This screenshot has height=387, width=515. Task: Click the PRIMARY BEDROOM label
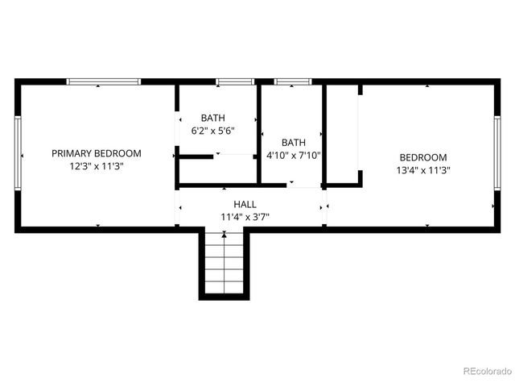tap(97, 153)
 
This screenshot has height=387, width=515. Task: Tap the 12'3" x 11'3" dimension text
tap(97, 167)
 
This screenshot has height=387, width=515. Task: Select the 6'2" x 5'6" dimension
tap(213, 130)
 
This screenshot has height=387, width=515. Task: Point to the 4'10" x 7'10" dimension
tap(293, 156)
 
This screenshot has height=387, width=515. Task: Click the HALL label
tap(245, 204)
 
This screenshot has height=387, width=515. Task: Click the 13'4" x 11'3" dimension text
tap(423, 170)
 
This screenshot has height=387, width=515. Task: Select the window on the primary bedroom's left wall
tap(18, 155)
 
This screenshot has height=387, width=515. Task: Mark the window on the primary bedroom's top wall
tap(103, 81)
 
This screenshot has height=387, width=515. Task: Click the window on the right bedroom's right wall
tap(497, 153)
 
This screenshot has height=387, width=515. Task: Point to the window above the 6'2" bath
tap(235, 81)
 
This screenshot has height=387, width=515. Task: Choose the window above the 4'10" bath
tap(293, 81)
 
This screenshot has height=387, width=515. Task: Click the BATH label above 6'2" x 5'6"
tap(213, 117)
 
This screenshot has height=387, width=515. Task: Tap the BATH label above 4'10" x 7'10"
tap(294, 142)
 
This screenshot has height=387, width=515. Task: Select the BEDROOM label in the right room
tap(423, 157)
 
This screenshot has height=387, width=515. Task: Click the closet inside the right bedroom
tap(343, 133)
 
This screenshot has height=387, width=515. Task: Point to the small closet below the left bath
tap(216, 169)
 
